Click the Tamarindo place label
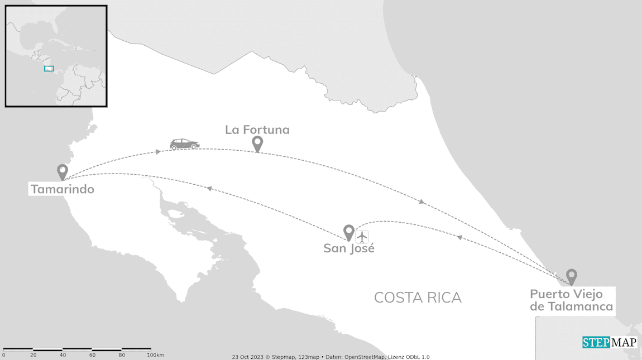(x=62, y=189)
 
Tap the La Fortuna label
(x=257, y=130)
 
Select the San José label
(x=349, y=248)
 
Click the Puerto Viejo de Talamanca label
(x=571, y=300)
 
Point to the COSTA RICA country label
(x=418, y=297)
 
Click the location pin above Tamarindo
(x=63, y=171)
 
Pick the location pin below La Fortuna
(x=257, y=143)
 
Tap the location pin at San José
(x=349, y=232)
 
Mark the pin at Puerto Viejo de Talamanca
(x=571, y=276)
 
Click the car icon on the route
(x=184, y=144)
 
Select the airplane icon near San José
(x=362, y=236)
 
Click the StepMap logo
(x=609, y=343)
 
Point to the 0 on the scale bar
(x=3, y=355)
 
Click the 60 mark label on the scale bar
(x=92, y=355)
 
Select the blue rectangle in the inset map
(x=49, y=69)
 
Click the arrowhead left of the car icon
(x=159, y=151)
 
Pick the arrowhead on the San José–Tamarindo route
(x=209, y=189)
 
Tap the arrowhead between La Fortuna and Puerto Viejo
(x=422, y=201)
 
